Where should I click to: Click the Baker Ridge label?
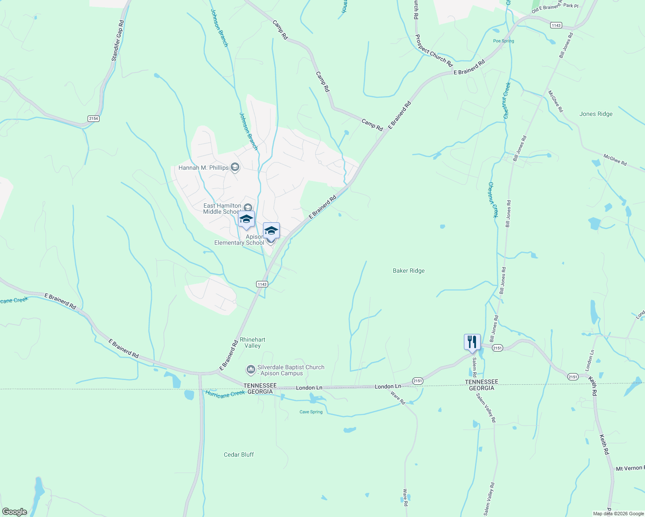[409, 271]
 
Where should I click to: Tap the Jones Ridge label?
[596, 114]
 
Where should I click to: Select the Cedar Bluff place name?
[239, 455]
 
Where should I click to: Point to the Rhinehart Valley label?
[253, 343]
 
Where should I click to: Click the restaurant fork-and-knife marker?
[472, 342]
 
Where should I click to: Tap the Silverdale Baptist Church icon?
[250, 370]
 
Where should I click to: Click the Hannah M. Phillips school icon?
[235, 167]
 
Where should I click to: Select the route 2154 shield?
[94, 118]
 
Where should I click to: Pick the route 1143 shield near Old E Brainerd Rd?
[556, 25]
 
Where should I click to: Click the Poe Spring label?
[504, 41]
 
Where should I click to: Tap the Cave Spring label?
[311, 412]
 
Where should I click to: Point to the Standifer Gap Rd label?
[117, 41]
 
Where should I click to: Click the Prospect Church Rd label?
[434, 51]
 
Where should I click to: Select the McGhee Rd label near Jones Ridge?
[615, 159]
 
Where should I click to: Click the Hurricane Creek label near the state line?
[225, 394]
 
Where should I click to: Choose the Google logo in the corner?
[15, 512]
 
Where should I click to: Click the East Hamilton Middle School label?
[222, 209]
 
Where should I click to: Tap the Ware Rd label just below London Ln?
[398, 398]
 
